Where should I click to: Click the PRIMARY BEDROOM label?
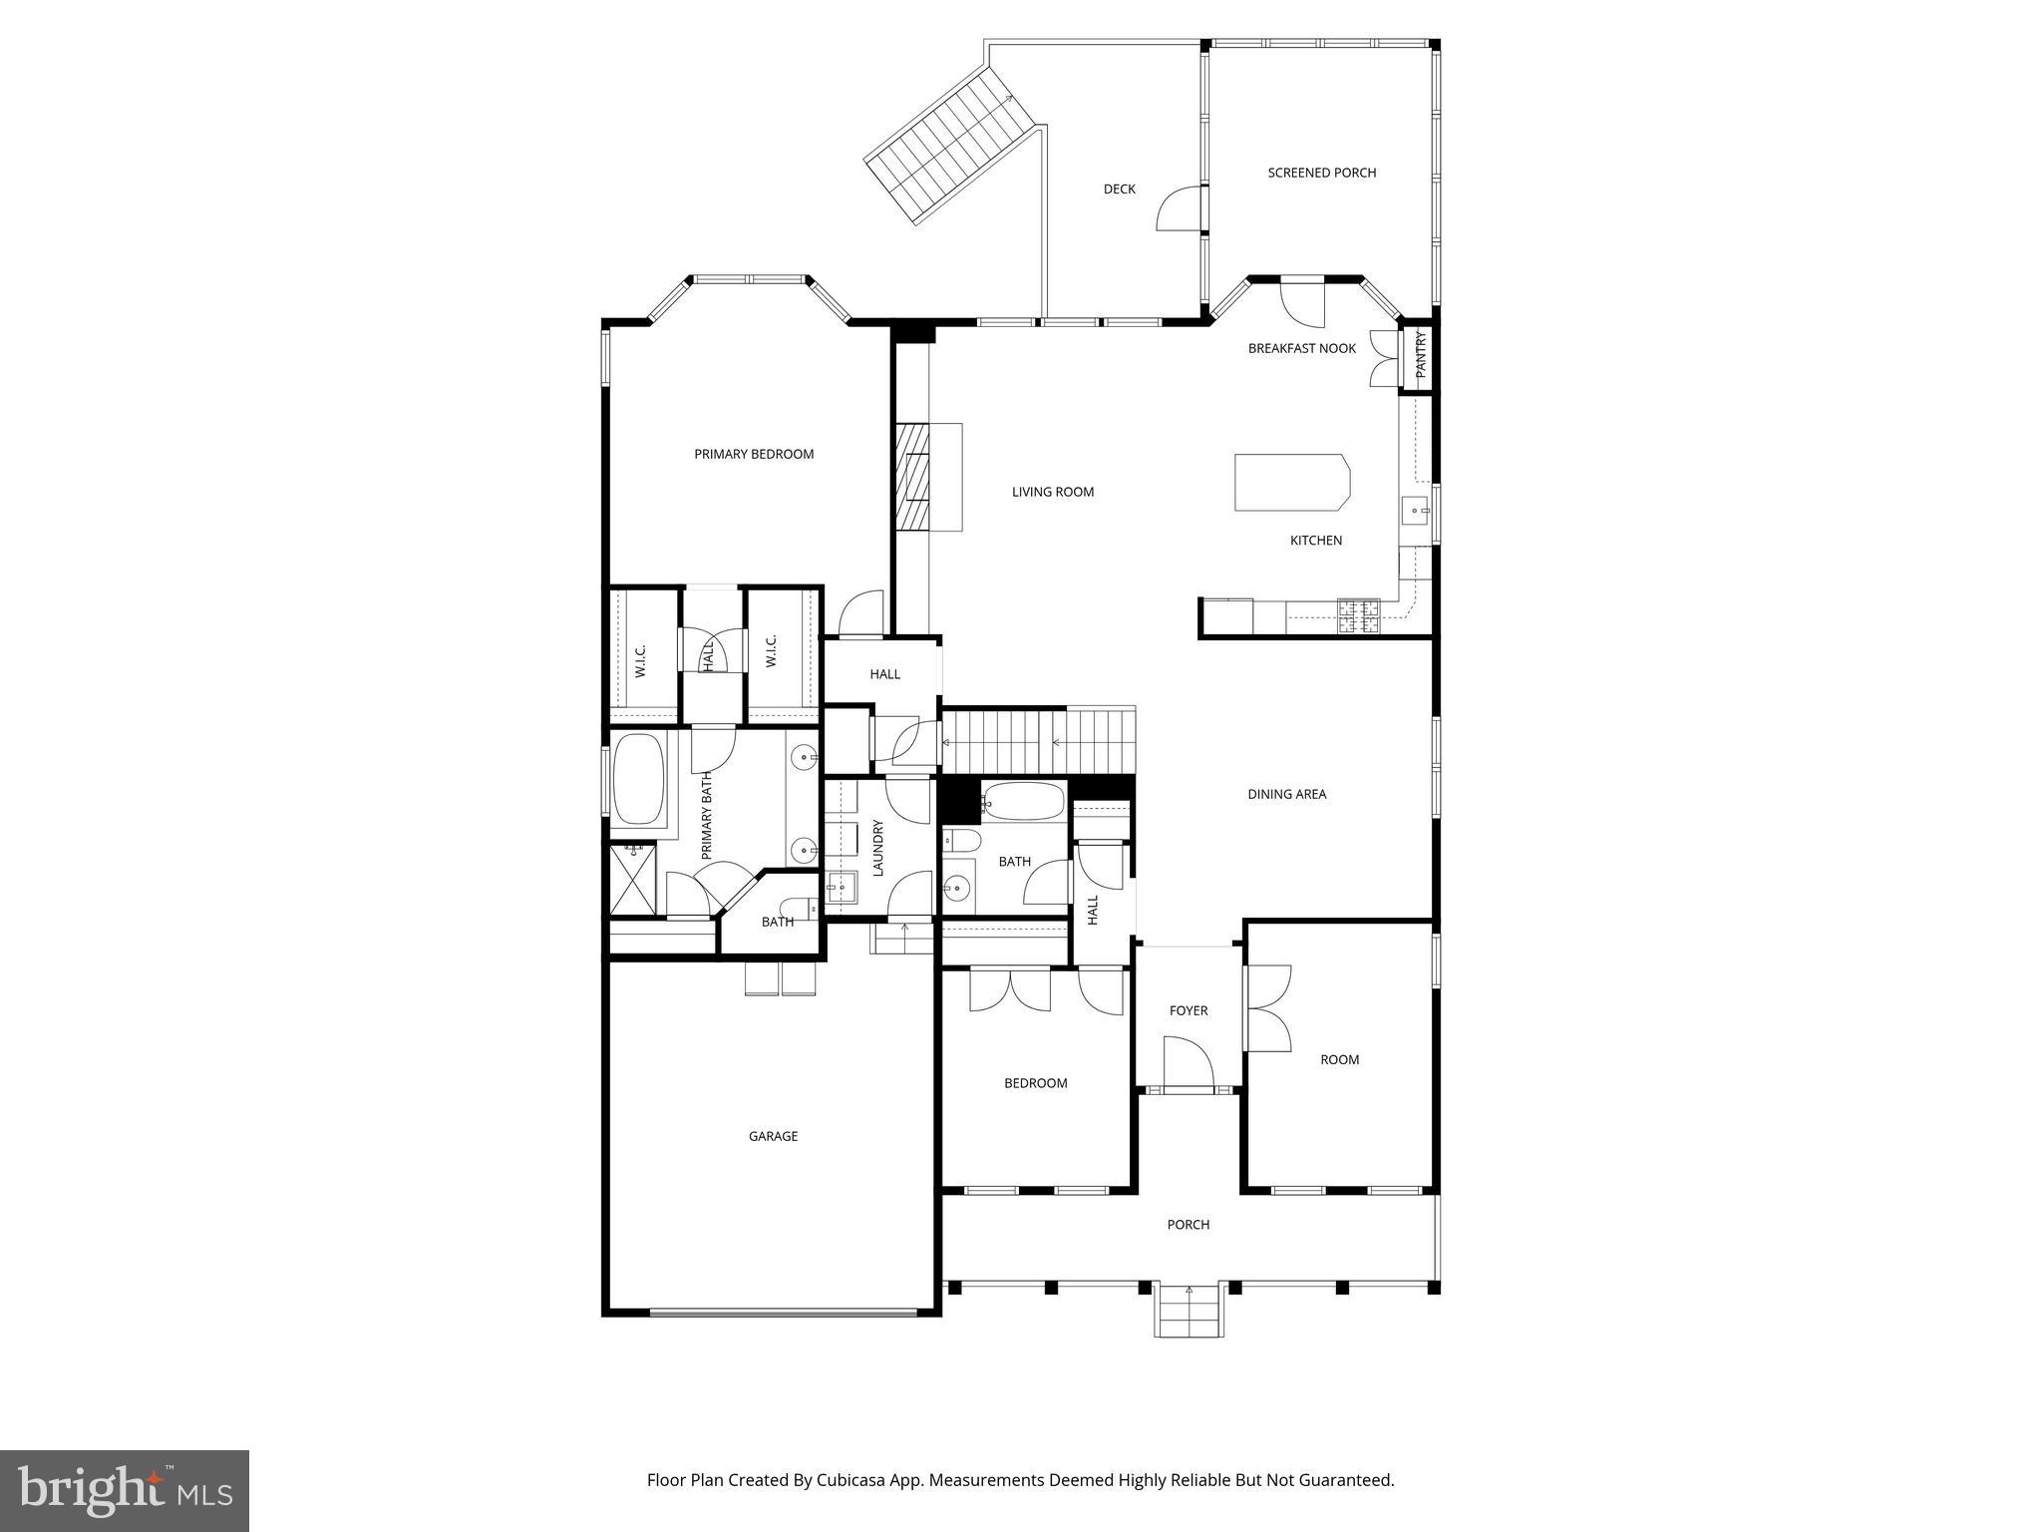754,454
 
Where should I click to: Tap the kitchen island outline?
1291,483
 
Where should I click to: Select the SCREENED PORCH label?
1321,173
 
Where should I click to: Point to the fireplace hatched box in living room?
911,477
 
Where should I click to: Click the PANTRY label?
1421,353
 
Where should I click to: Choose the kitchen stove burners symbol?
1358,615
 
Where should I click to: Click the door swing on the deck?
1177,210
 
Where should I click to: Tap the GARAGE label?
773,1136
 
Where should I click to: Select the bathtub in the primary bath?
638,779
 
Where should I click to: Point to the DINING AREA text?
1286,795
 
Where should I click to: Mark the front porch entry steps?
1189,1311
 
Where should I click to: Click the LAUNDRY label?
878,847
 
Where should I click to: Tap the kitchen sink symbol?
1416,511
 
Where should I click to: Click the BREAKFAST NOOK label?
1302,348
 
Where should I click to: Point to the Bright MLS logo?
124,1491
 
